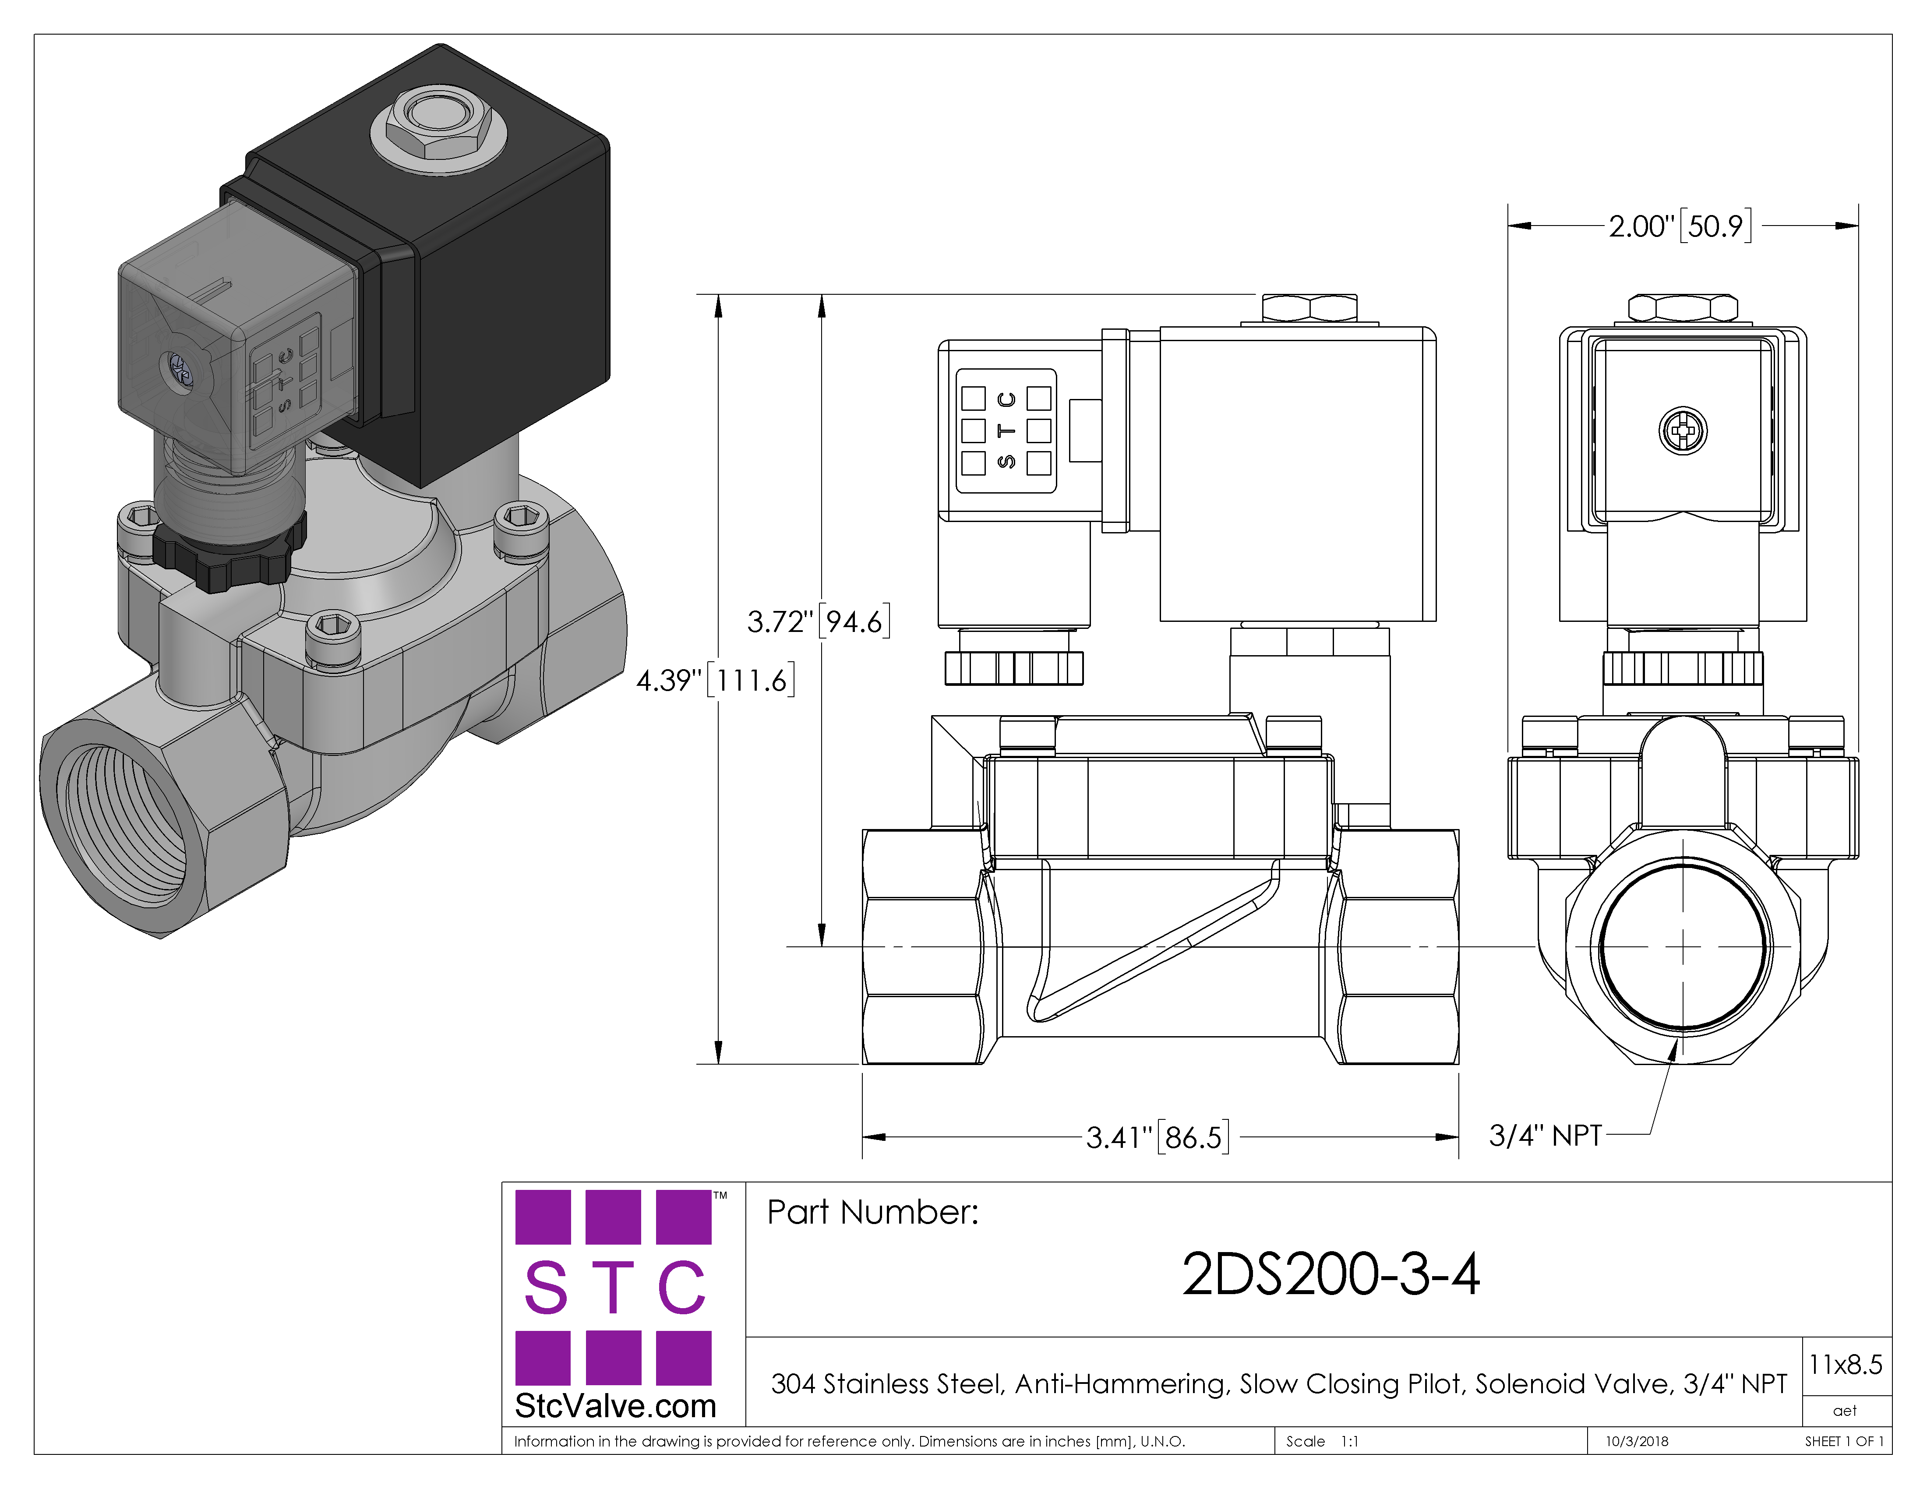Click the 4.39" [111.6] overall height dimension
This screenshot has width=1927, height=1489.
point(716,680)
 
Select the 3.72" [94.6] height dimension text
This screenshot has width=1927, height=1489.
point(818,621)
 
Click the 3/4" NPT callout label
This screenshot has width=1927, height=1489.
point(1545,1135)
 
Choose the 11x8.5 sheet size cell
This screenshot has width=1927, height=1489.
point(1845,1365)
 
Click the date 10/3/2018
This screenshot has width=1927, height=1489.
point(1637,1441)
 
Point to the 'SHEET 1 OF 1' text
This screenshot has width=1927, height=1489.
point(1844,1441)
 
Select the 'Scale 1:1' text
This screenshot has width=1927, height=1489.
point(1322,1441)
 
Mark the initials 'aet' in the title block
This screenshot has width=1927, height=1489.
point(1845,1411)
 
